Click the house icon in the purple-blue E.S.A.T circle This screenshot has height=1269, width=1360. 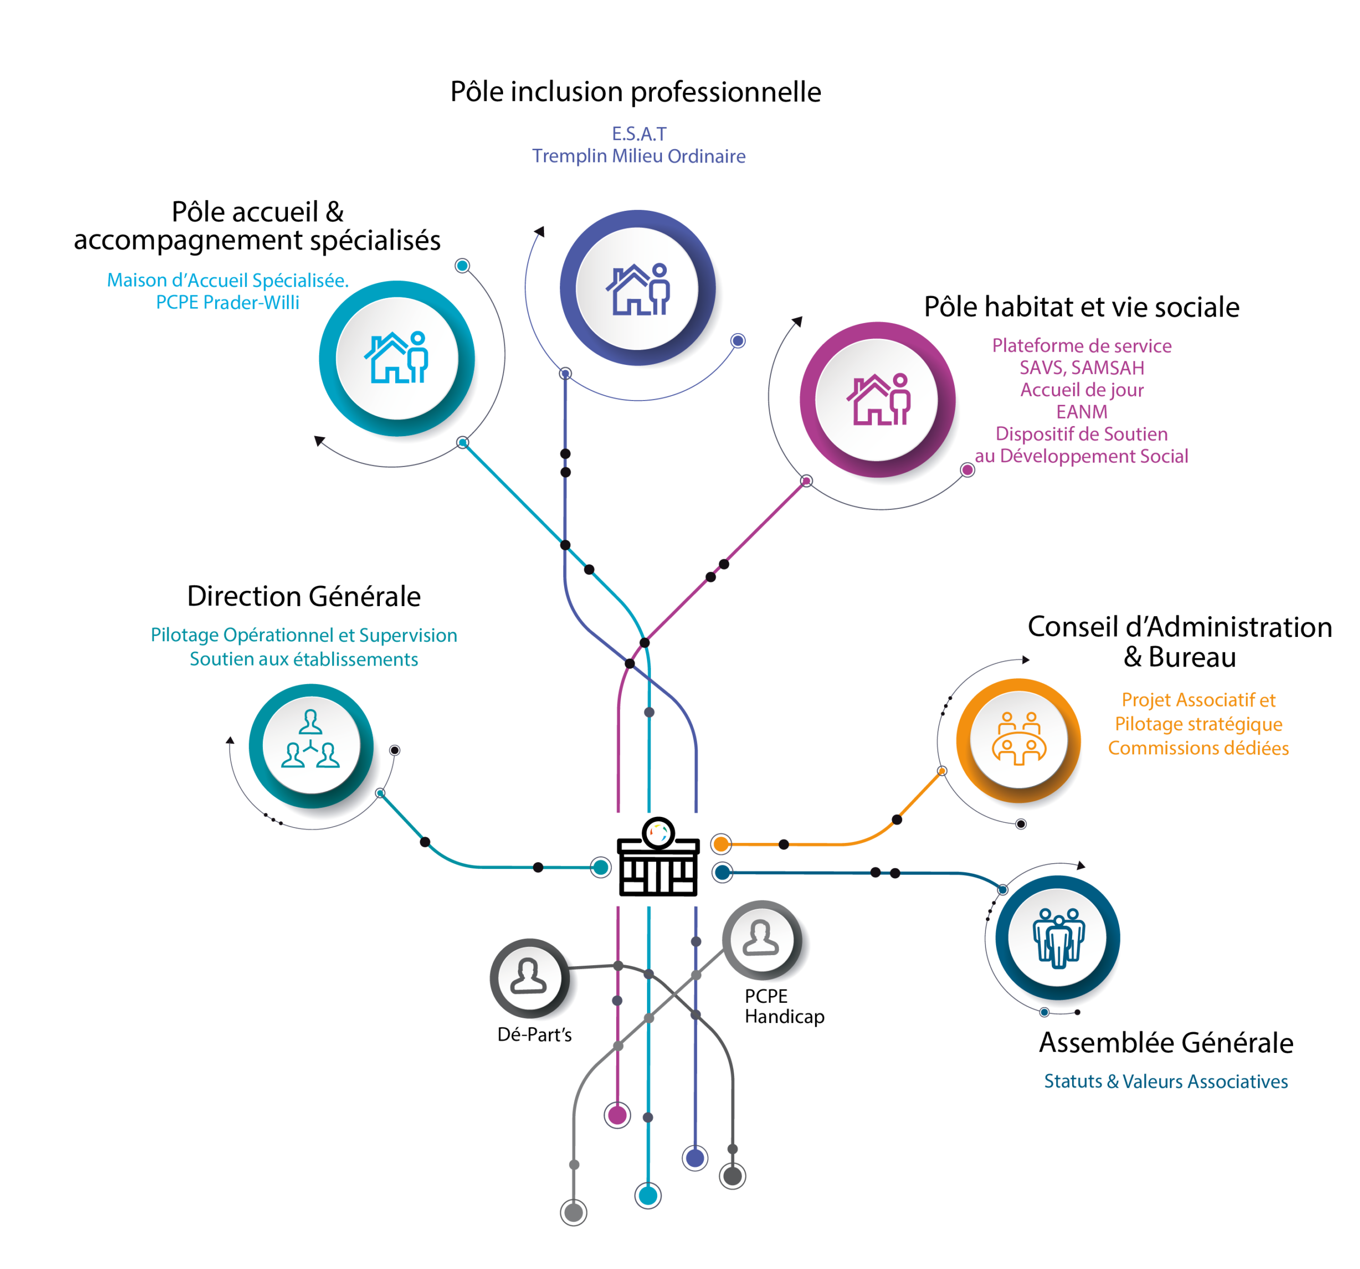point(637,289)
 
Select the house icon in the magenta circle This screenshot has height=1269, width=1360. point(878,399)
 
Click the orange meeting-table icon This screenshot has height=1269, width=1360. point(1019,739)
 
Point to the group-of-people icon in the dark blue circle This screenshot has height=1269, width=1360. point(1058,937)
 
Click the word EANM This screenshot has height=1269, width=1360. point(1082,412)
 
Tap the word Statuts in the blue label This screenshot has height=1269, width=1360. point(1073,1081)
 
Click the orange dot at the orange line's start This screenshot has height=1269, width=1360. point(721,844)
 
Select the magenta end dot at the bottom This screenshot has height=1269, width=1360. point(617,1115)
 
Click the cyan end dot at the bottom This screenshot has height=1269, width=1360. point(648,1196)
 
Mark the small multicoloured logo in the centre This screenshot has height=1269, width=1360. point(659,832)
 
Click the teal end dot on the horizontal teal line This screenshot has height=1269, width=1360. point(601,867)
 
